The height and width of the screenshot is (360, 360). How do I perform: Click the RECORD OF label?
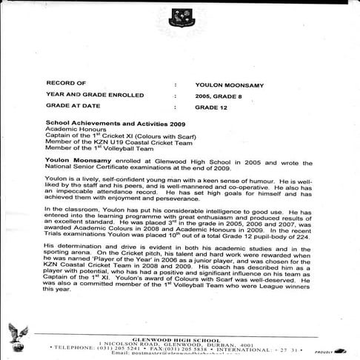[x=66, y=84]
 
